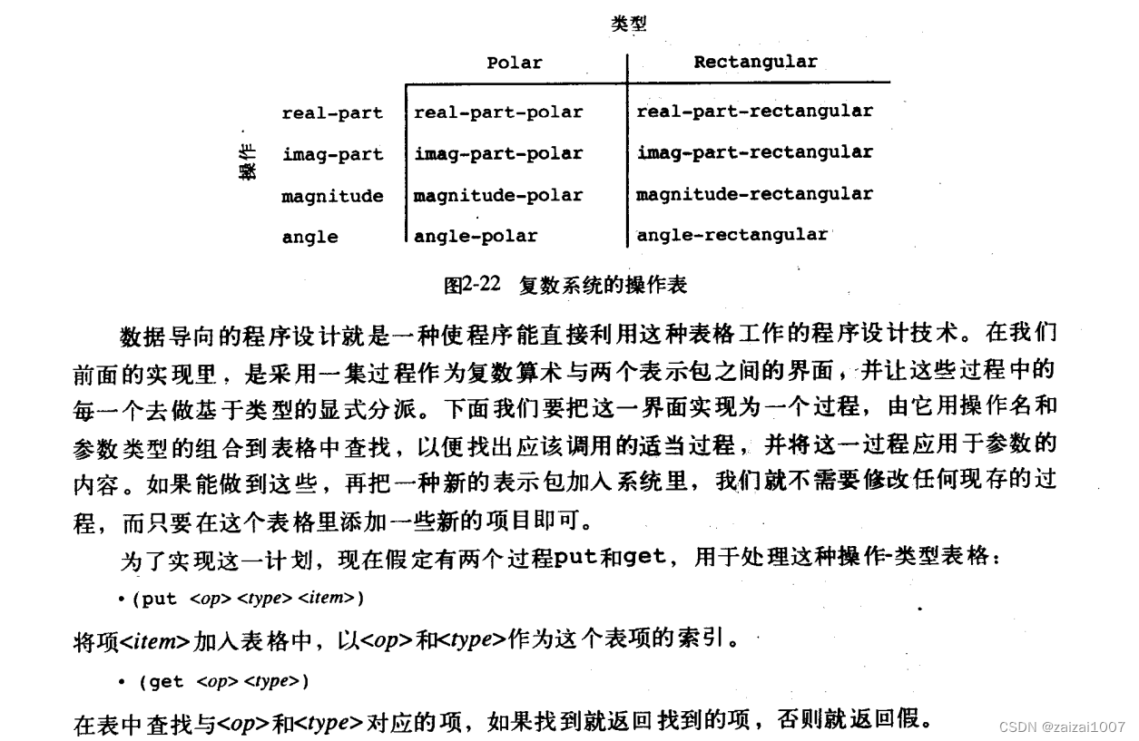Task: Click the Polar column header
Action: click(x=514, y=63)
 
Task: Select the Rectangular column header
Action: click(x=755, y=62)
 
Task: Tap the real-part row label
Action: click(x=332, y=113)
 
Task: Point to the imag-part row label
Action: click(x=332, y=154)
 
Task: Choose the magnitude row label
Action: click(x=332, y=196)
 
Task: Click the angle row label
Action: click(x=309, y=237)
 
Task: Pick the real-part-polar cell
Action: click(x=498, y=112)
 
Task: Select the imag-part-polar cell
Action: click(x=498, y=153)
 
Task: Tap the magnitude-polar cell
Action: click(x=498, y=195)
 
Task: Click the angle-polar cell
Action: click(x=476, y=236)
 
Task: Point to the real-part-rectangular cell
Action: click(x=754, y=111)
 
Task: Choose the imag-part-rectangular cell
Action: click(x=754, y=151)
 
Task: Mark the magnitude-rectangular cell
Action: click(x=754, y=193)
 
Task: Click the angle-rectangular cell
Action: click(x=732, y=235)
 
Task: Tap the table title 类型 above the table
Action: click(x=629, y=24)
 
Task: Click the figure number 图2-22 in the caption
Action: click(x=472, y=285)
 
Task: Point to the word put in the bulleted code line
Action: click(x=160, y=599)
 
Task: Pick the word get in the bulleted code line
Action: click(x=165, y=681)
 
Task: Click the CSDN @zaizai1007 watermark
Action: click(x=1062, y=727)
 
